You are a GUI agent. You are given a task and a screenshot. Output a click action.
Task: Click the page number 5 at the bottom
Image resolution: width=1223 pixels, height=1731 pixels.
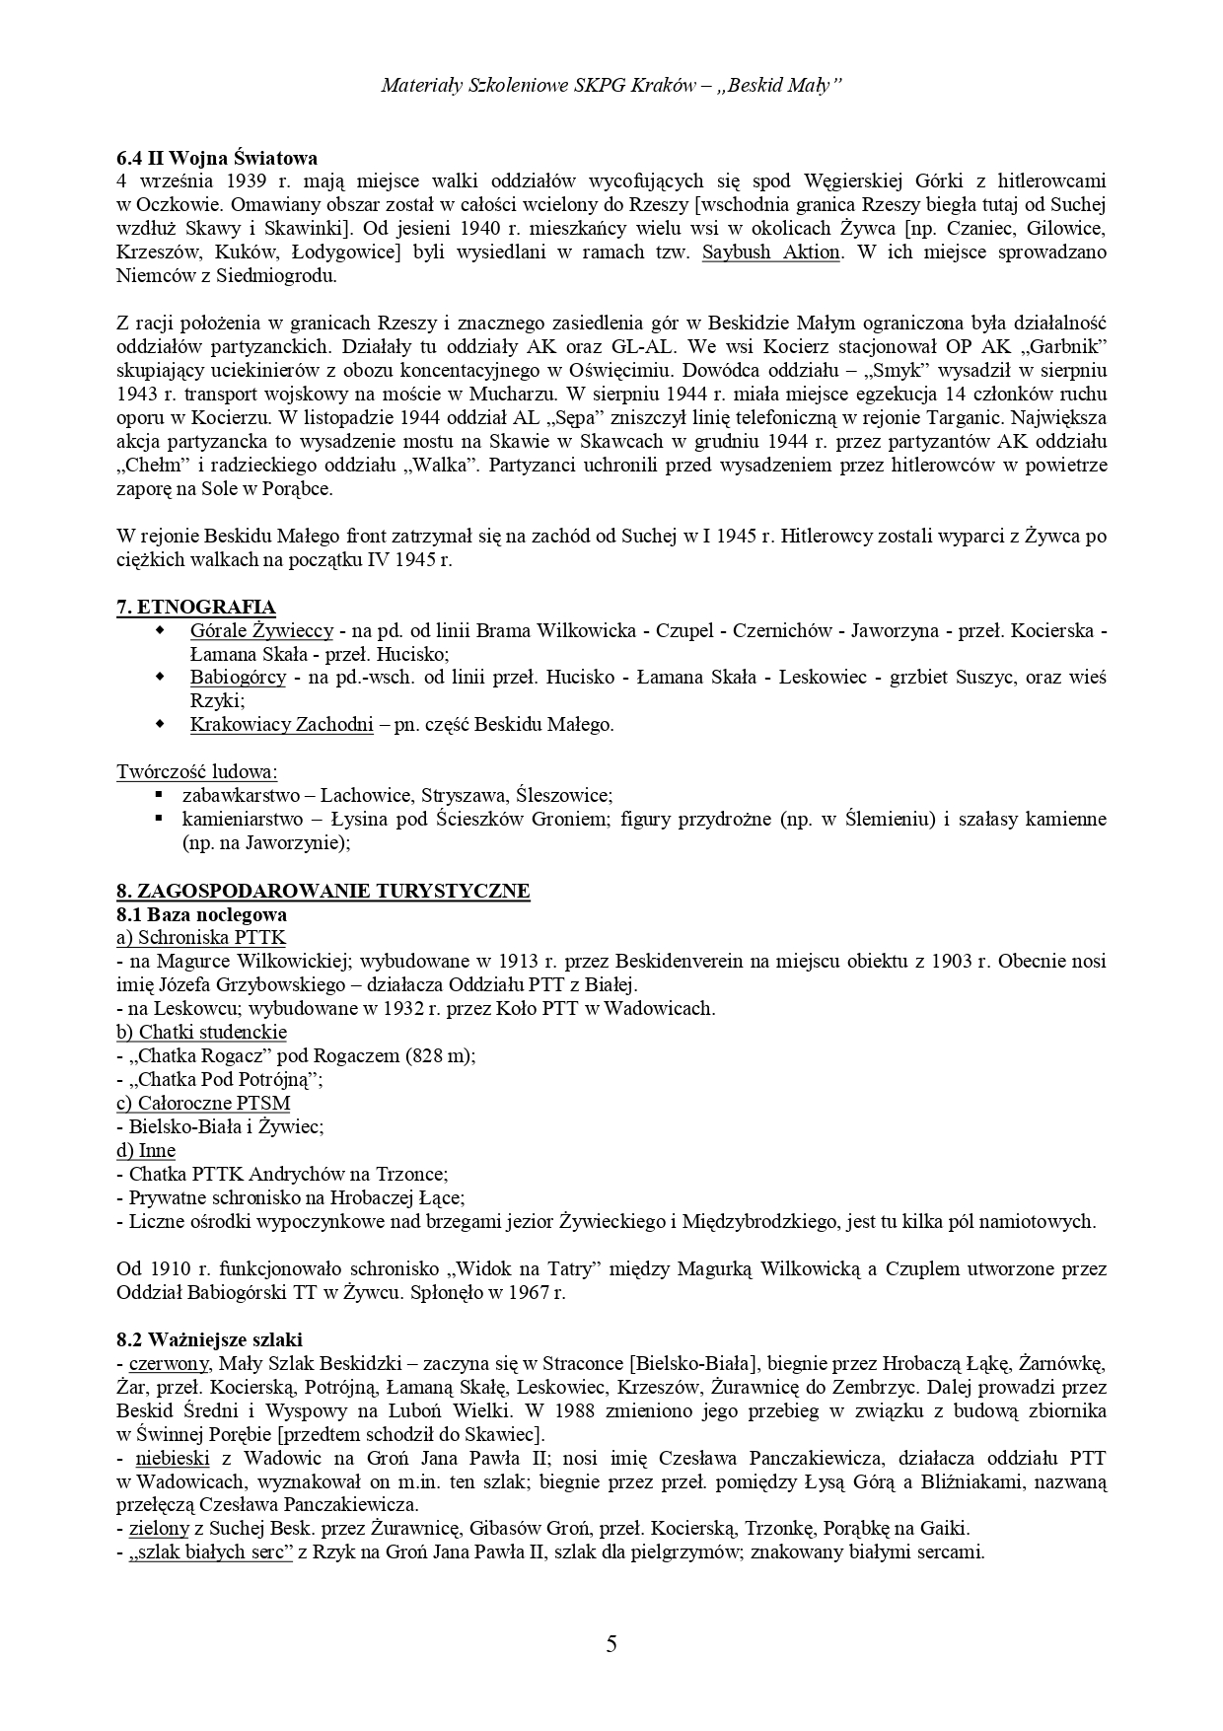point(611,1644)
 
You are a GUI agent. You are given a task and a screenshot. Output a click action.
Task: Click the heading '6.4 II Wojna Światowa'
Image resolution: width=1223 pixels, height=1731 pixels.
point(217,158)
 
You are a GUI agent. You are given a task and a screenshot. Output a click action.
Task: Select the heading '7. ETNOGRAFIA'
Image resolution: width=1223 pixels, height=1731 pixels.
point(196,608)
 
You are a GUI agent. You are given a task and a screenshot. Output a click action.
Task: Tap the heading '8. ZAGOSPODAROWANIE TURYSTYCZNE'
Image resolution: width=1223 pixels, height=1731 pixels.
point(324,892)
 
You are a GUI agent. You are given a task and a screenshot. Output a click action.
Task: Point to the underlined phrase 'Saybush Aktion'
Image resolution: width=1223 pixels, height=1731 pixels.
point(771,252)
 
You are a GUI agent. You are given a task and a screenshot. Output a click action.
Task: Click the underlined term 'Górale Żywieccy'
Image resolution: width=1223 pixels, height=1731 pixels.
point(261,631)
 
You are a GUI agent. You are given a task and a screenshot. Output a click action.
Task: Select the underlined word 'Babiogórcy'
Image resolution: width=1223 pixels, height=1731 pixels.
point(238,678)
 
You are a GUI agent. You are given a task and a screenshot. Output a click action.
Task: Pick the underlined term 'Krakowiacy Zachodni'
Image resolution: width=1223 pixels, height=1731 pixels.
point(282,725)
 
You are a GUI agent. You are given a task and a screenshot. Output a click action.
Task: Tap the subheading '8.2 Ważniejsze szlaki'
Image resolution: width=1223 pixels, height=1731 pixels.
point(209,1340)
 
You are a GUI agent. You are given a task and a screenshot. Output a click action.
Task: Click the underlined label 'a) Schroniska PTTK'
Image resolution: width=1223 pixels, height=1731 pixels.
point(201,938)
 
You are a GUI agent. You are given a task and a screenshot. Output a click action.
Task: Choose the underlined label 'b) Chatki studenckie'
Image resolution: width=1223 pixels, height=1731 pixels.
point(201,1033)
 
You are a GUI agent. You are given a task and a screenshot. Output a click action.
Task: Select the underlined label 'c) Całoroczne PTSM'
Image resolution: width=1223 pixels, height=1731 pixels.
point(203,1104)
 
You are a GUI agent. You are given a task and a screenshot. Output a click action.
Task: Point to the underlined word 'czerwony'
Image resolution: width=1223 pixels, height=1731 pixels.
point(169,1364)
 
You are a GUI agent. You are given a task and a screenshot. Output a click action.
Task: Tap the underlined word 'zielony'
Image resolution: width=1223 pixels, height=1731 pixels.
point(159,1530)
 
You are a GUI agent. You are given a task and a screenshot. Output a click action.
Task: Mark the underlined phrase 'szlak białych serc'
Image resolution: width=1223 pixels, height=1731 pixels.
point(211,1553)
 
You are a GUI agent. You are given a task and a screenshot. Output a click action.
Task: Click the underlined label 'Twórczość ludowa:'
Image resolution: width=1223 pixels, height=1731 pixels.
point(197,772)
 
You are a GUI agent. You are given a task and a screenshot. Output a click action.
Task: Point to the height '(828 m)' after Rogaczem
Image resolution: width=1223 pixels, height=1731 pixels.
point(441,1056)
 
